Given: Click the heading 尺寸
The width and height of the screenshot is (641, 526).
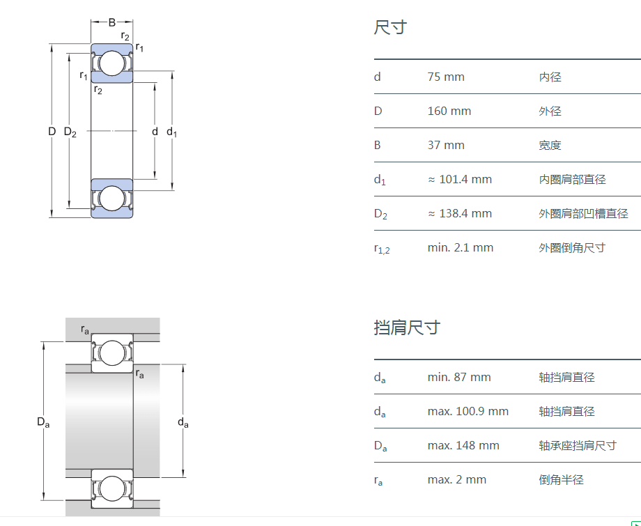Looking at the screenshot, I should click(x=390, y=28).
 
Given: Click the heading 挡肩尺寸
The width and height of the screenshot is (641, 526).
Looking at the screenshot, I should click(x=407, y=327).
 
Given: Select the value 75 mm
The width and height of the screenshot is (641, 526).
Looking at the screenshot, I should click(x=446, y=77).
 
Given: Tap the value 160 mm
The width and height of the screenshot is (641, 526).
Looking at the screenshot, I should click(x=449, y=111).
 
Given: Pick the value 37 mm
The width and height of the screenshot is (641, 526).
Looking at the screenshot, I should click(x=446, y=145).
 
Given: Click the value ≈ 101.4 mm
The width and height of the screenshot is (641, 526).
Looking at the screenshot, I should click(x=460, y=179).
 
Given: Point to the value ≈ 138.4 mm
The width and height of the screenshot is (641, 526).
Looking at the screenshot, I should click(x=460, y=213).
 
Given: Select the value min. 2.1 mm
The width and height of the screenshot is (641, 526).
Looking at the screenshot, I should click(x=461, y=247).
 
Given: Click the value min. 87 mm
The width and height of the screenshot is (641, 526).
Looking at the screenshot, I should click(x=459, y=377).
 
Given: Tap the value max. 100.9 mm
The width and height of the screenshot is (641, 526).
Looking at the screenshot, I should click(x=468, y=411).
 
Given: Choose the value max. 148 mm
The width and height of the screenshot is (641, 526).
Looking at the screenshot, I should click(x=463, y=445).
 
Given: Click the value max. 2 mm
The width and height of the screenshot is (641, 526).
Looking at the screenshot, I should click(x=457, y=479).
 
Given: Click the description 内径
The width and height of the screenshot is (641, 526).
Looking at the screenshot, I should click(x=550, y=77).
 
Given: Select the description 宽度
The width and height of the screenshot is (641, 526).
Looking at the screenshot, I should click(x=550, y=145).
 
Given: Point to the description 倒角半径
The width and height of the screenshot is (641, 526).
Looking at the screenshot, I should click(x=561, y=479).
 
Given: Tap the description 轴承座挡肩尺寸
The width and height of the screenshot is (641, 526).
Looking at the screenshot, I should click(x=578, y=445).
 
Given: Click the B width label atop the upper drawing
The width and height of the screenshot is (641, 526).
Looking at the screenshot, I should click(x=111, y=22).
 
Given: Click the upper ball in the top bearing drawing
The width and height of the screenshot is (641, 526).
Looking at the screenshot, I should click(x=111, y=63).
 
